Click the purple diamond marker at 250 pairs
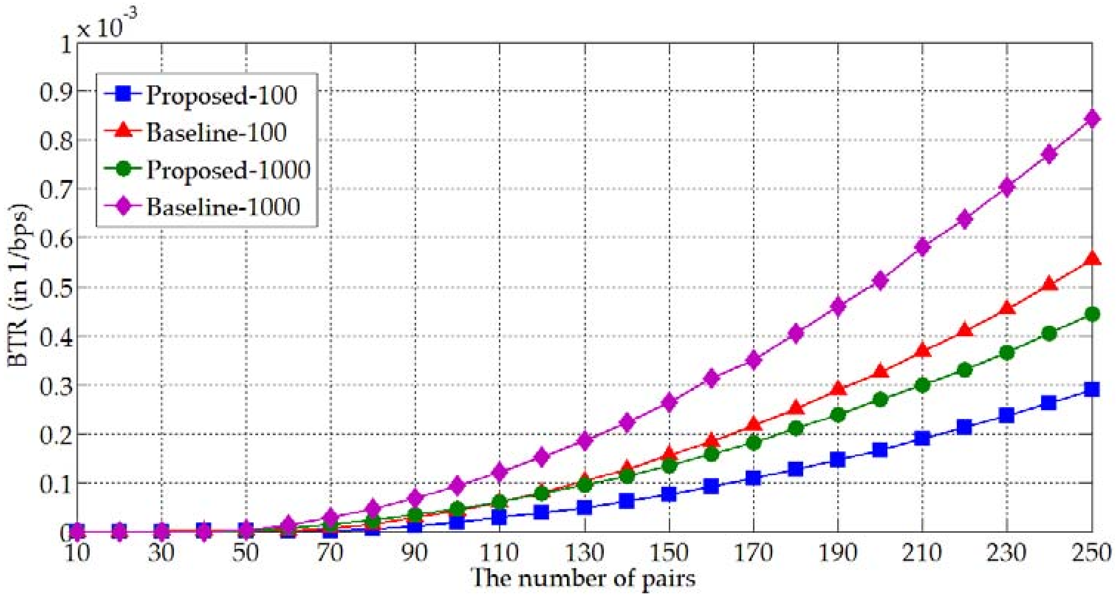pyautogui.click(x=1092, y=118)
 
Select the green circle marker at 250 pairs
pyautogui.click(x=1092, y=314)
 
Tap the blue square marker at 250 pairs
pyautogui.click(x=1092, y=389)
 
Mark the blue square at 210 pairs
pyautogui.click(x=922, y=438)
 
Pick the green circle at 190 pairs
pyautogui.click(x=838, y=415)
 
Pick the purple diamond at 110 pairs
pyautogui.click(x=500, y=471)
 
